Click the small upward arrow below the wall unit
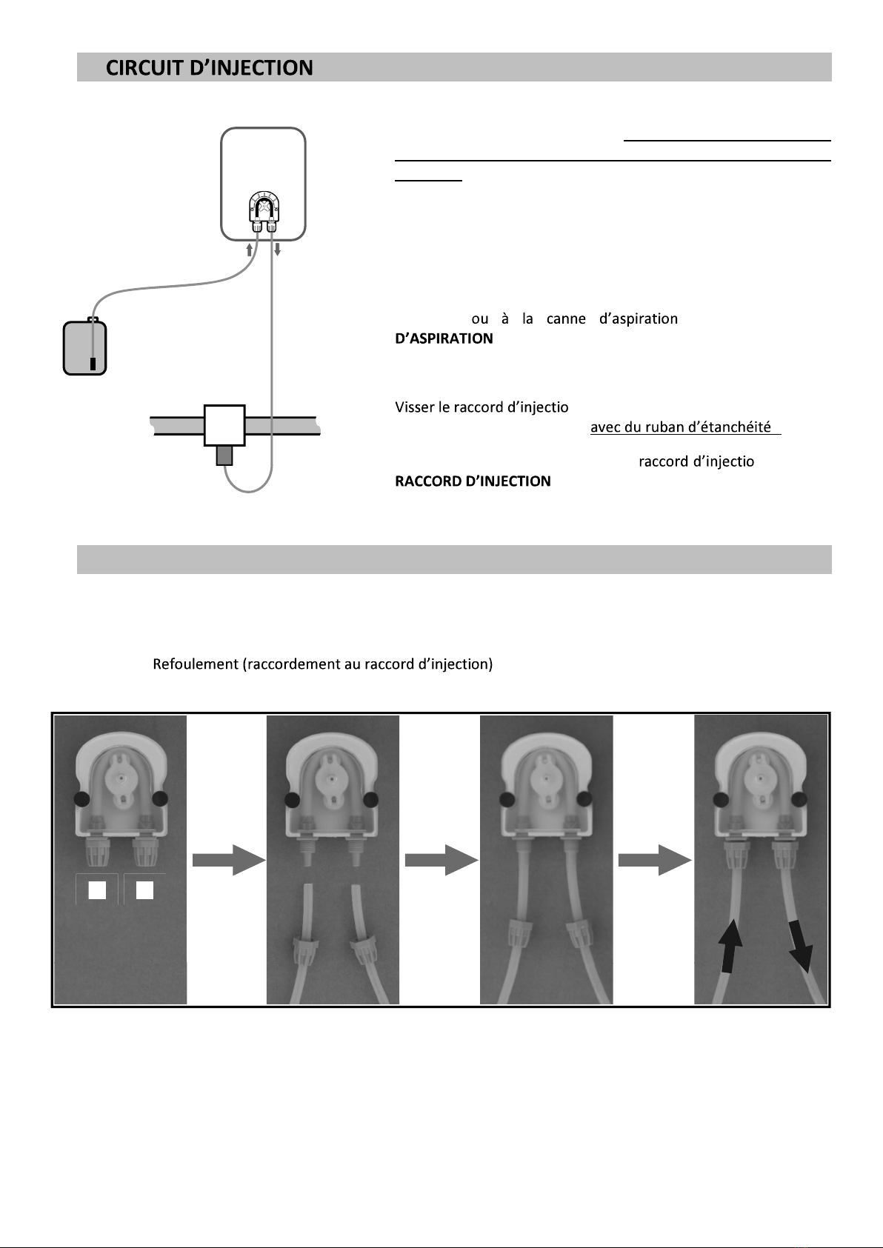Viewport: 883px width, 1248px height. [x=250, y=250]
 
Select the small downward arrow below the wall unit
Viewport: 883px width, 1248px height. [x=277, y=250]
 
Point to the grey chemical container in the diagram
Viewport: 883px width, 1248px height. [x=85, y=347]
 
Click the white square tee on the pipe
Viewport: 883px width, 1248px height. [x=224, y=425]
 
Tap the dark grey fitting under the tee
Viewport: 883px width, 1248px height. [x=224, y=455]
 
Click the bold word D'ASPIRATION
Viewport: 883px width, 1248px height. [x=444, y=338]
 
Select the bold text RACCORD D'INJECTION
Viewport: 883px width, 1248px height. [x=473, y=481]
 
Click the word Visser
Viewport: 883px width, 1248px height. [x=415, y=407]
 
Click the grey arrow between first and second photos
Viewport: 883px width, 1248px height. [x=228, y=859]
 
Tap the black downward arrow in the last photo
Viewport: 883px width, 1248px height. [x=799, y=944]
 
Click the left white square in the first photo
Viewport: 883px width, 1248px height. [x=97, y=890]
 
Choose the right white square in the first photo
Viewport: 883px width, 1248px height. [x=144, y=890]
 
